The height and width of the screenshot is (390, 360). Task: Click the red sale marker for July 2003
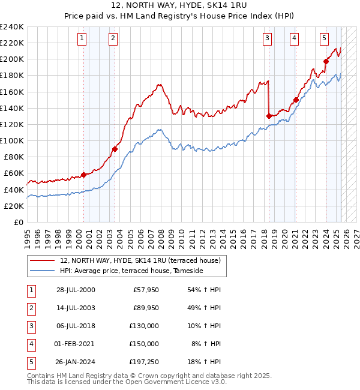[x=115, y=149]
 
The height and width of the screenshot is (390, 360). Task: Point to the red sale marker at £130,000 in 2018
[x=269, y=116]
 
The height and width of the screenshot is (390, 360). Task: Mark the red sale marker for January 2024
[x=326, y=61]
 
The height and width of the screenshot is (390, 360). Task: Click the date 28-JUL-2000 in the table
[x=76, y=290]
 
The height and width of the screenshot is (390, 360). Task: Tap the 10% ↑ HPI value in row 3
[x=206, y=326]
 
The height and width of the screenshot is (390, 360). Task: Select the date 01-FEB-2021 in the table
[x=76, y=344]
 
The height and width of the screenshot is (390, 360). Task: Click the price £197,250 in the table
[x=143, y=362]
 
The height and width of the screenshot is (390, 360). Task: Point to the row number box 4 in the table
[x=31, y=344]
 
